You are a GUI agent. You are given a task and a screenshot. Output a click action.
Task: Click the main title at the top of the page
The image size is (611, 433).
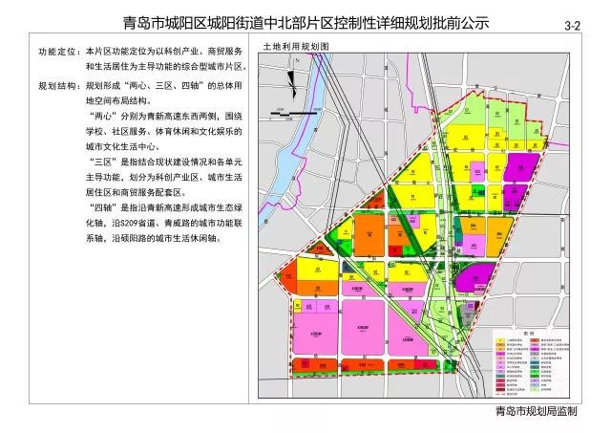tap(305, 22)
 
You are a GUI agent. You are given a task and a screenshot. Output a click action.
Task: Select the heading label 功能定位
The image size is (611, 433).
tap(58, 50)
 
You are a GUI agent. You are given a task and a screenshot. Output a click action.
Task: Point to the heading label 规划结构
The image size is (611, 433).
tap(58, 85)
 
